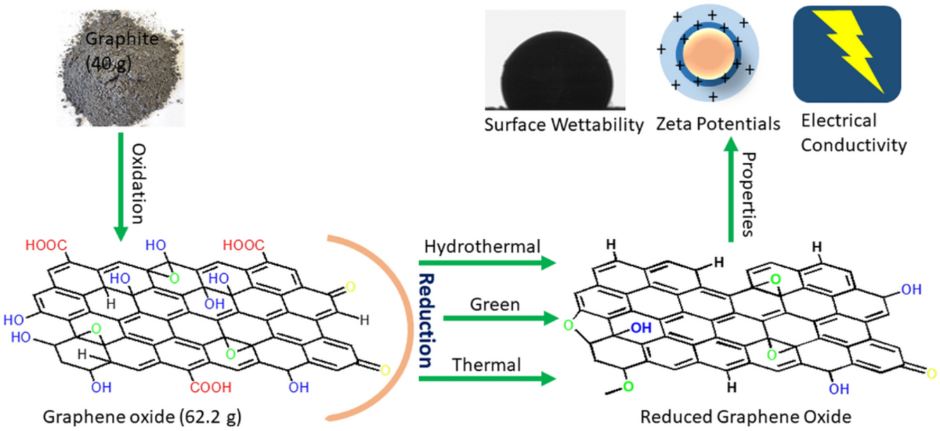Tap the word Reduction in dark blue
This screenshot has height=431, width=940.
[428, 321]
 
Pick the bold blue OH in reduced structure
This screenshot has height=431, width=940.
[640, 328]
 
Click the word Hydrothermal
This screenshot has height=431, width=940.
[481, 247]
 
